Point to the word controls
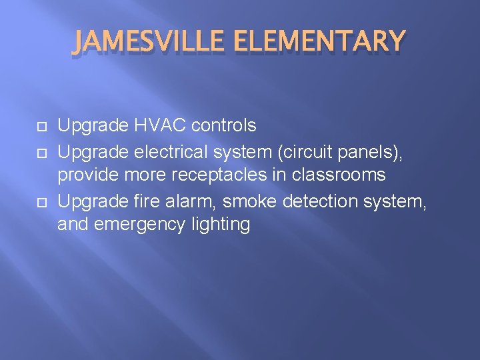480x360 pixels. (224, 125)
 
